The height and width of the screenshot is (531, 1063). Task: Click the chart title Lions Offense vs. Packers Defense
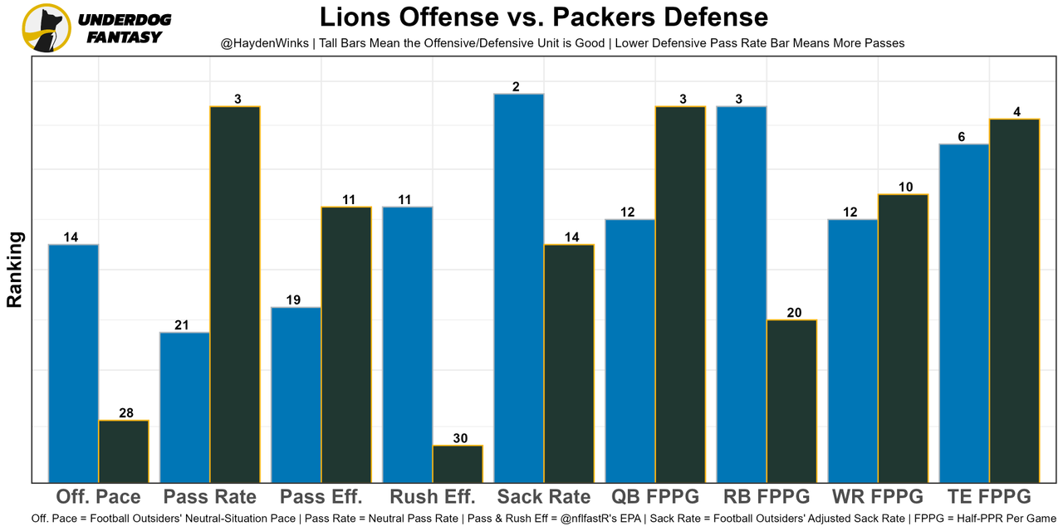544,17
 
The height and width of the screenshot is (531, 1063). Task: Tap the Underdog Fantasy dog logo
47,27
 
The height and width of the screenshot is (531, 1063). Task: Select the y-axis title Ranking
15,270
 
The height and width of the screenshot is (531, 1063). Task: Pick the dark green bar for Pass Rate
235,294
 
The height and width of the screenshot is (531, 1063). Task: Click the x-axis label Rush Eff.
433,497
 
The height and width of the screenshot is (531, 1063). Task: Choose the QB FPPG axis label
655,497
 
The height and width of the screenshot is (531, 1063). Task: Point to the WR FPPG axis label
877,497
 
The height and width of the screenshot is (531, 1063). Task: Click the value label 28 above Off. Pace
124,413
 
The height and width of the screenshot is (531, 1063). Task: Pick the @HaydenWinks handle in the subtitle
264,42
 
